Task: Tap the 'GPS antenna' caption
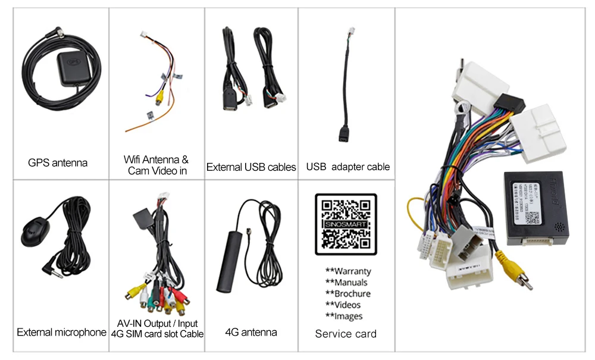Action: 58,162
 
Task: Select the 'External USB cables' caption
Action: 251,167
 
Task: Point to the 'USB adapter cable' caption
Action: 348,167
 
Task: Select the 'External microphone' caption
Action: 61,332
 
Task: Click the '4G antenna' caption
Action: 251,332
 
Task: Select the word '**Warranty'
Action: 348,271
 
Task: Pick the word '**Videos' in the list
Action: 343,305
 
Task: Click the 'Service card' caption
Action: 346,334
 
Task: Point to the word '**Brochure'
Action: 348,294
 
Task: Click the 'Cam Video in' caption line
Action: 157,171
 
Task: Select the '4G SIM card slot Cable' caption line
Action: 157,334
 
